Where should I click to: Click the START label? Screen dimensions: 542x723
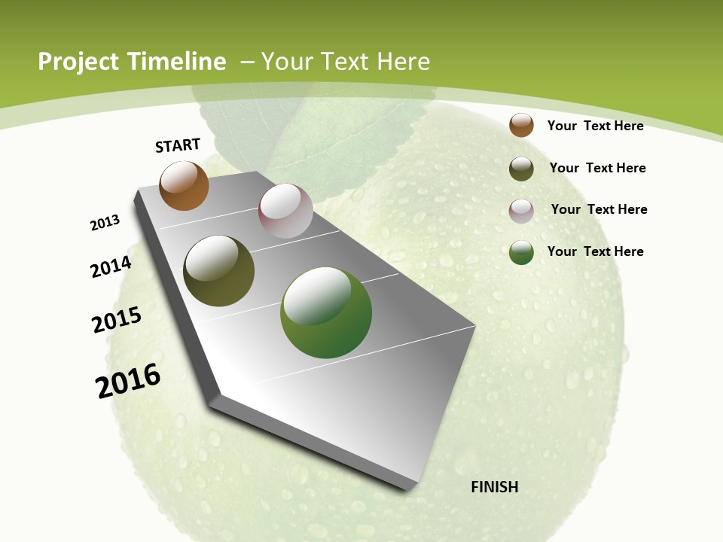pyautogui.click(x=178, y=145)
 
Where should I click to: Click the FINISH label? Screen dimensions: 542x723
pyautogui.click(x=494, y=487)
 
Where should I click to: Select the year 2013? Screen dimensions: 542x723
pyautogui.click(x=105, y=223)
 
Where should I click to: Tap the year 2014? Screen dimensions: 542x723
pyautogui.click(x=111, y=266)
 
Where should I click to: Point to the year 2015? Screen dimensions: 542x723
pyautogui.click(x=117, y=320)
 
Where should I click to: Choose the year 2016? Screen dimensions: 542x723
pyautogui.click(x=128, y=381)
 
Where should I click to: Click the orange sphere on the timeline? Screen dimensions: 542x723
pyautogui.click(x=184, y=186)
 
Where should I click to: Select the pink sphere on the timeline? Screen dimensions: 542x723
pyautogui.click(x=285, y=211)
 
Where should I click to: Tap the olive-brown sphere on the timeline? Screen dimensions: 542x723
pyautogui.click(x=218, y=271)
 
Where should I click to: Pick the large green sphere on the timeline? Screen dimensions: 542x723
pyautogui.click(x=326, y=312)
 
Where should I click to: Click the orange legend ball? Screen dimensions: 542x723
pyautogui.click(x=521, y=125)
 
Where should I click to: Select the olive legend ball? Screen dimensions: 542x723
pyautogui.click(x=521, y=169)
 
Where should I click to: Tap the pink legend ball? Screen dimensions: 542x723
pyautogui.click(x=521, y=211)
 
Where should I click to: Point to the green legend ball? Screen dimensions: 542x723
pyautogui.click(x=521, y=252)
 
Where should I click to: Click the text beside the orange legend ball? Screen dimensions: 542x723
pyautogui.click(x=595, y=126)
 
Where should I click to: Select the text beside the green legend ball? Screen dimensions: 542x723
pyautogui.click(x=595, y=251)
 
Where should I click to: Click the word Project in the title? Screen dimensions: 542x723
pyautogui.click(x=78, y=62)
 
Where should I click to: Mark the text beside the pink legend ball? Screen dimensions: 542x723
pyautogui.click(x=599, y=209)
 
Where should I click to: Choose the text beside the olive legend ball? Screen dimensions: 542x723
pyautogui.click(x=597, y=168)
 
